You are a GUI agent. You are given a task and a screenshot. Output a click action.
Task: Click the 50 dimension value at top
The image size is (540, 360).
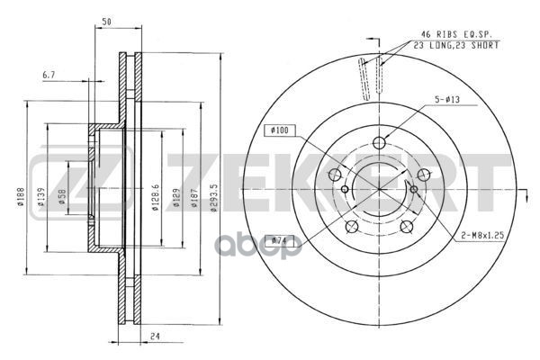pyautogui.click(x=107, y=22)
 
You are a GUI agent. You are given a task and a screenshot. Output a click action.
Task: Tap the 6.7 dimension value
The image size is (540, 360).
pyautogui.click(x=49, y=75)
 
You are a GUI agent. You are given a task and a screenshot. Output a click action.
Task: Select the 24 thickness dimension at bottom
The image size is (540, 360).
pyautogui.click(x=156, y=337)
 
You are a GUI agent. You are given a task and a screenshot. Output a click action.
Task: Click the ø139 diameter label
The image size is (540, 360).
pyautogui.click(x=41, y=197)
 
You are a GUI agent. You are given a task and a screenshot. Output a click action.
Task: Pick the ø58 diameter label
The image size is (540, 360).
pyautogui.click(x=62, y=196)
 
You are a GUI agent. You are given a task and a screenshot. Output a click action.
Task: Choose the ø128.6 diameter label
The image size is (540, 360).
pyautogui.click(x=156, y=197)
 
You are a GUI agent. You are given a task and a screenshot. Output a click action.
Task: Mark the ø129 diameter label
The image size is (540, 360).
pyautogui.click(x=176, y=197)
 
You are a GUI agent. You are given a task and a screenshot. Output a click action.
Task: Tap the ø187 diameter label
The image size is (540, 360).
pyautogui.click(x=194, y=197)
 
